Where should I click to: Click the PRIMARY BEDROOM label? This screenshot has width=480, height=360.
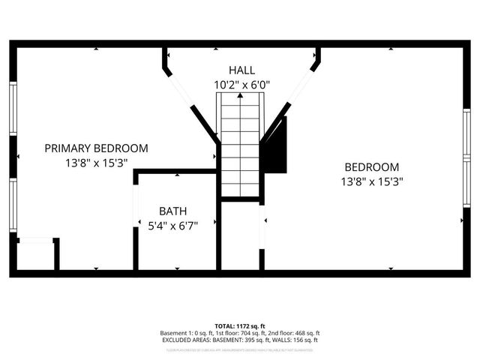95,148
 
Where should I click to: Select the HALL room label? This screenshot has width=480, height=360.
241,70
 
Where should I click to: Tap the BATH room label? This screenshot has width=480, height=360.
172,211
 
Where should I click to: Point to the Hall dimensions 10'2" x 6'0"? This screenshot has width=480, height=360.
241,85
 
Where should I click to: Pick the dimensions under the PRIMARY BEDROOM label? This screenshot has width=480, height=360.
95,163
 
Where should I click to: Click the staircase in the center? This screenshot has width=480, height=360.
240,142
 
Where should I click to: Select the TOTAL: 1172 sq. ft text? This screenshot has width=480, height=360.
240,326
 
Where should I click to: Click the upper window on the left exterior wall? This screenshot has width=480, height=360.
13,109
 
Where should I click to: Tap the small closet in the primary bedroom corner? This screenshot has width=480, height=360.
35,256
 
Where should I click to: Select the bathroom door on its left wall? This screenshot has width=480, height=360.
135,206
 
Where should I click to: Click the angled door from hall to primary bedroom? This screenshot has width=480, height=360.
180,90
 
